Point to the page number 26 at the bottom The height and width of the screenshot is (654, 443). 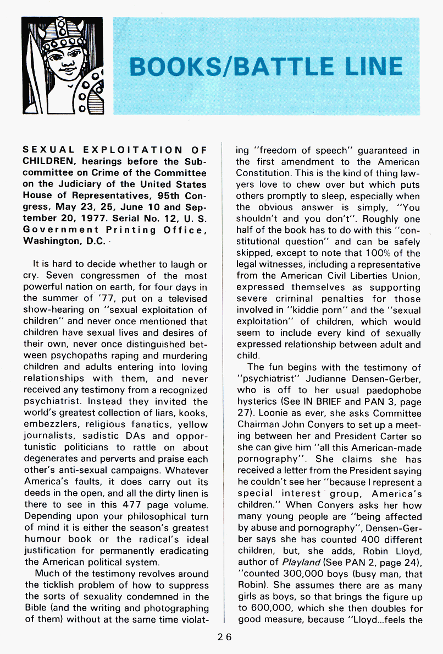pos(224,637)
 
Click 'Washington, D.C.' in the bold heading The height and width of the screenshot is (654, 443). pos(58,241)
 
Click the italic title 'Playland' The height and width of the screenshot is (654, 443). pos(300,562)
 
